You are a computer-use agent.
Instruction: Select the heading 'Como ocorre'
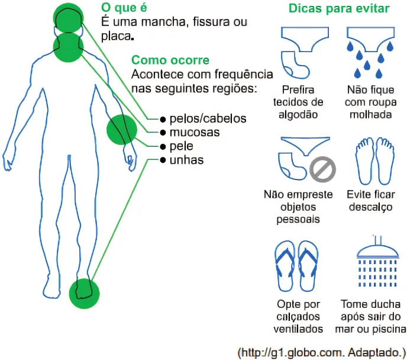pos(170,60)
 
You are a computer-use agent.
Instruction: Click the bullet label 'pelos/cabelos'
pos(207,118)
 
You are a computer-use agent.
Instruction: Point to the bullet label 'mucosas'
pos(194,132)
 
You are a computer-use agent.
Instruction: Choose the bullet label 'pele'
pos(181,146)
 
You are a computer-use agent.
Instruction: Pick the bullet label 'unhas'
pos(186,160)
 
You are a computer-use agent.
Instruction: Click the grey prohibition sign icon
pos(323,169)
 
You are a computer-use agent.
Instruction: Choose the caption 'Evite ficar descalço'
pos(372,201)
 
